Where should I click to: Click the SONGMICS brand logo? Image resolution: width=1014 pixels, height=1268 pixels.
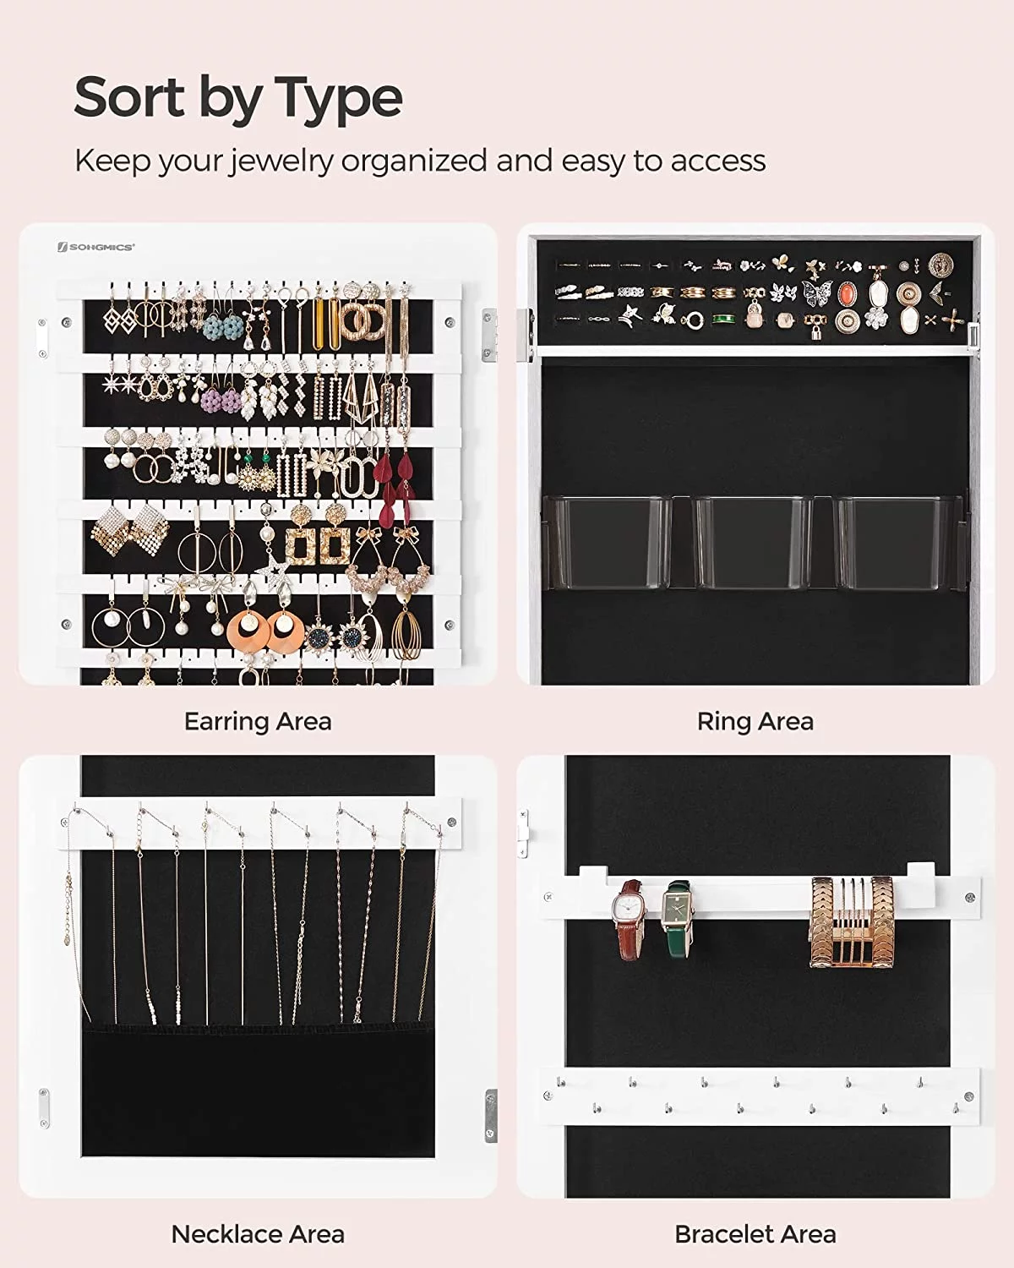click(95, 248)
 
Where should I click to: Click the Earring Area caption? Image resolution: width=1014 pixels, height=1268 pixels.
click(258, 722)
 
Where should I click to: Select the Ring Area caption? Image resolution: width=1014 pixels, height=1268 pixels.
click(755, 722)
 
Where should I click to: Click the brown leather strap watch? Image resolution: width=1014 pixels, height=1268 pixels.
click(628, 921)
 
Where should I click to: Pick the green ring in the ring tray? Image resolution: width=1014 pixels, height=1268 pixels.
click(724, 320)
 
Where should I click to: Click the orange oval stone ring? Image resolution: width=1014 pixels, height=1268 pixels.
click(848, 294)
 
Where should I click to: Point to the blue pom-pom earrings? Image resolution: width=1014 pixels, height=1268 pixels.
click(223, 325)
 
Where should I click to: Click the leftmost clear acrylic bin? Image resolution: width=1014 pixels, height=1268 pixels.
click(607, 542)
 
